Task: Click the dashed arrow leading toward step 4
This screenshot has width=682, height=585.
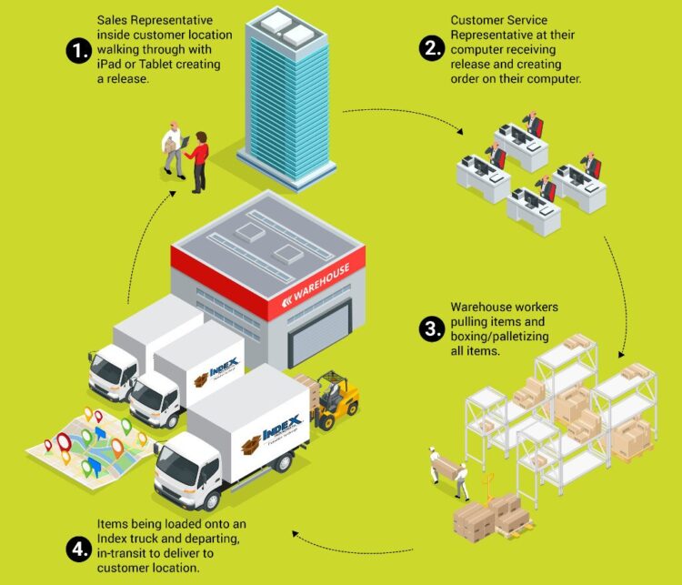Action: coord(364,542)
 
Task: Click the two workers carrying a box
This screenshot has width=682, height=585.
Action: coord(447,473)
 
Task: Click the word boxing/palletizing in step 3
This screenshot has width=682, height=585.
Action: coord(497,337)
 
